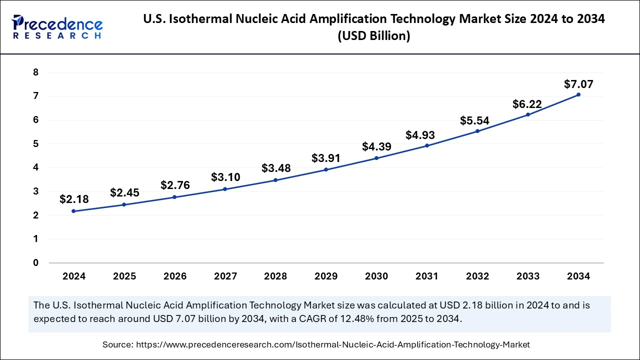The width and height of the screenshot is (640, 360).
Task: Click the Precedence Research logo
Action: [x=57, y=27]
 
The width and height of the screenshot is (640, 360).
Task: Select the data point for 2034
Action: [x=578, y=94]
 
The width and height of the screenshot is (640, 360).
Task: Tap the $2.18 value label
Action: [x=74, y=199]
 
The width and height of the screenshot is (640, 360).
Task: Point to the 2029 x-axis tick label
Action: [x=326, y=276]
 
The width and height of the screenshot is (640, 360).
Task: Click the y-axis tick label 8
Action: [x=35, y=72]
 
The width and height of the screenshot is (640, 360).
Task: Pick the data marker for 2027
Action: [x=225, y=189]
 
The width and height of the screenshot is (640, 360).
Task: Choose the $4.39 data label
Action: [x=376, y=146]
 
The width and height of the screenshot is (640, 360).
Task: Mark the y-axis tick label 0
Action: [x=35, y=262]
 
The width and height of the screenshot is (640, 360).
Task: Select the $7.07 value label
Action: [x=578, y=84]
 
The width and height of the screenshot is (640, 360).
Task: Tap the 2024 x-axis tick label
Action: [x=74, y=276]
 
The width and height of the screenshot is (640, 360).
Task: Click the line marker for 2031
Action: [x=427, y=145]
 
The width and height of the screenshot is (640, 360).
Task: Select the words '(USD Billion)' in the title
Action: [x=374, y=36]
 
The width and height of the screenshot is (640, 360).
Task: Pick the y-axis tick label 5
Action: [x=35, y=143]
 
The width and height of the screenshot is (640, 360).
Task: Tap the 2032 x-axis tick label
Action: [x=477, y=276]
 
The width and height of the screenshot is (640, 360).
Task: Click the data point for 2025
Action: [x=124, y=204]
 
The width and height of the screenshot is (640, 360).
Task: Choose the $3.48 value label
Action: [x=275, y=168]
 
